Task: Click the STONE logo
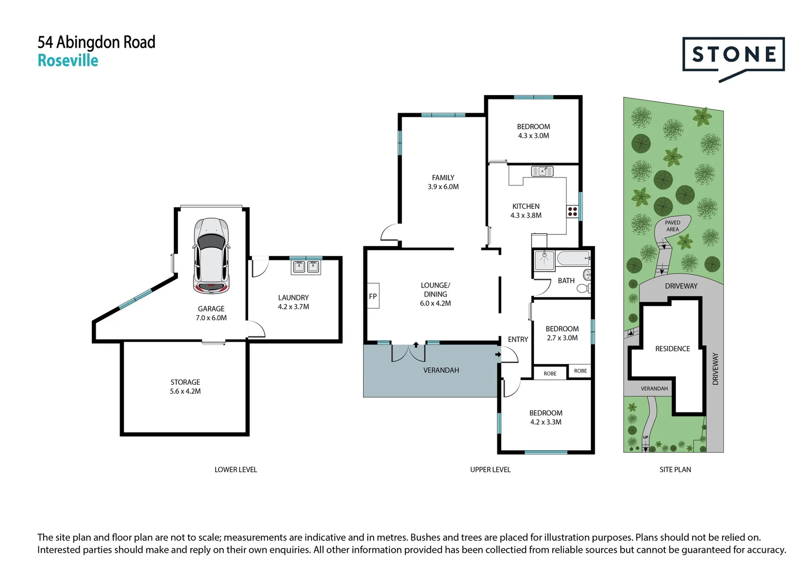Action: pos(733,55)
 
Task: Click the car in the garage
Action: pos(212,256)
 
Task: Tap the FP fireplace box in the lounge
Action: pos(373,297)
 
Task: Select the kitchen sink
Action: pos(542,171)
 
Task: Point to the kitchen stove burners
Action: pos(572,212)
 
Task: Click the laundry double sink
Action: pos(306,267)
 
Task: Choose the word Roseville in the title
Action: pos(68,61)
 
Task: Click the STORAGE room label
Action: pos(185,382)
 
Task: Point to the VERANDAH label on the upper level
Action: pos(441,370)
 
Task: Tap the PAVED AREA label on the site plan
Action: pos(672,226)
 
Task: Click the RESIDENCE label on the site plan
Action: pos(672,349)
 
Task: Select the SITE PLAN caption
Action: pos(675,470)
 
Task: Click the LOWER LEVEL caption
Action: pos(235,470)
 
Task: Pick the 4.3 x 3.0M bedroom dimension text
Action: pos(534,136)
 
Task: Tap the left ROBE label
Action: pos(550,374)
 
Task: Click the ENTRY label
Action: pos(518,340)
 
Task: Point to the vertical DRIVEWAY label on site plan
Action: pos(715,369)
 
